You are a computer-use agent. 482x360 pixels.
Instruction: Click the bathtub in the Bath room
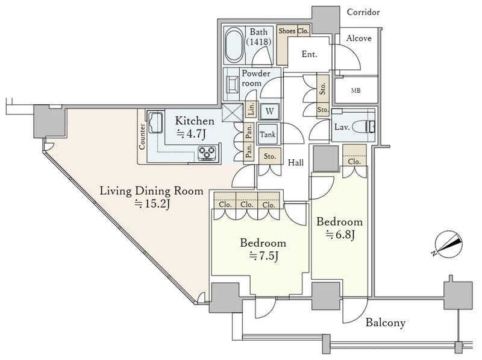[235, 45]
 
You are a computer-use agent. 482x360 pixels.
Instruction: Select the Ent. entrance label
[309, 54]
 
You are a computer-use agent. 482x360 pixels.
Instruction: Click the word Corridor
[363, 12]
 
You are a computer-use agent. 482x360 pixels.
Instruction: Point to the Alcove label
[358, 38]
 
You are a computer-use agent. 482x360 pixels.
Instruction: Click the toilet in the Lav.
[365, 127]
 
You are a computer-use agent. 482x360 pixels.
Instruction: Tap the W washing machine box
[269, 112]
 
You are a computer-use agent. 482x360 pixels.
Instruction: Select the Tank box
[268, 134]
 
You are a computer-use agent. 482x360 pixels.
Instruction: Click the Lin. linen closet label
[251, 110]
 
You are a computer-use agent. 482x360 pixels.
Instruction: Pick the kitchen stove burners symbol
[208, 153]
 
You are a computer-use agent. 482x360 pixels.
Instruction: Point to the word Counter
[142, 136]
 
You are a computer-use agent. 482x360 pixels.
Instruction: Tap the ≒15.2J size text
[151, 204]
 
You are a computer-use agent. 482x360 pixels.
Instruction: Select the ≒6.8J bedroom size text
[339, 235]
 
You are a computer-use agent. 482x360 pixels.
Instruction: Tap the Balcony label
[386, 323]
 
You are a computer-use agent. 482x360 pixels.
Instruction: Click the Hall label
[295, 162]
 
